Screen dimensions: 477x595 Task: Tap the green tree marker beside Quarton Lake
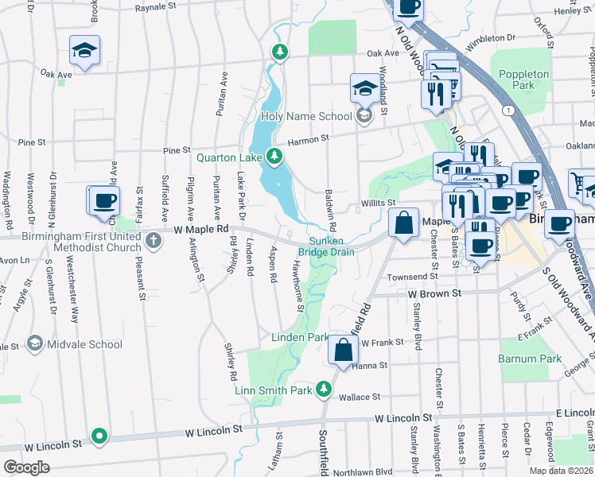[275, 156]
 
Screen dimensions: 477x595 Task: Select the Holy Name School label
[306, 116]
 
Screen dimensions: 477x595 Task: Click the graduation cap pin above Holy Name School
[365, 89]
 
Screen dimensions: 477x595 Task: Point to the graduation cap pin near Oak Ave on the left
[84, 51]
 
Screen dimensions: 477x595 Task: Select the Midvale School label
[84, 344]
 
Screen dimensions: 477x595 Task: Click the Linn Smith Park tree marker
[323, 390]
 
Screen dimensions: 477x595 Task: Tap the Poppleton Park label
[524, 79]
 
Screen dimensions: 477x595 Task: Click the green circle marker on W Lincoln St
[99, 436]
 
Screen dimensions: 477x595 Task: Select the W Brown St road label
[435, 293]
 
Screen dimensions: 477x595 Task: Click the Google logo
[26, 467]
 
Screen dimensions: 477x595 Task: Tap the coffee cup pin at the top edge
[408, 7]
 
